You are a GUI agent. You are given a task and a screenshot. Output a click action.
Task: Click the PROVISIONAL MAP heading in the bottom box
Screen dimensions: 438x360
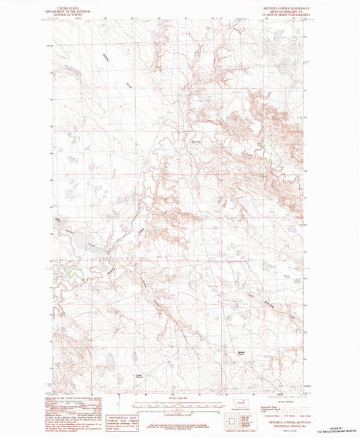coord(126,401)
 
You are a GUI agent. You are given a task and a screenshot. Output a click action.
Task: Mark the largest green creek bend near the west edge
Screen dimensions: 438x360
coord(73,273)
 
